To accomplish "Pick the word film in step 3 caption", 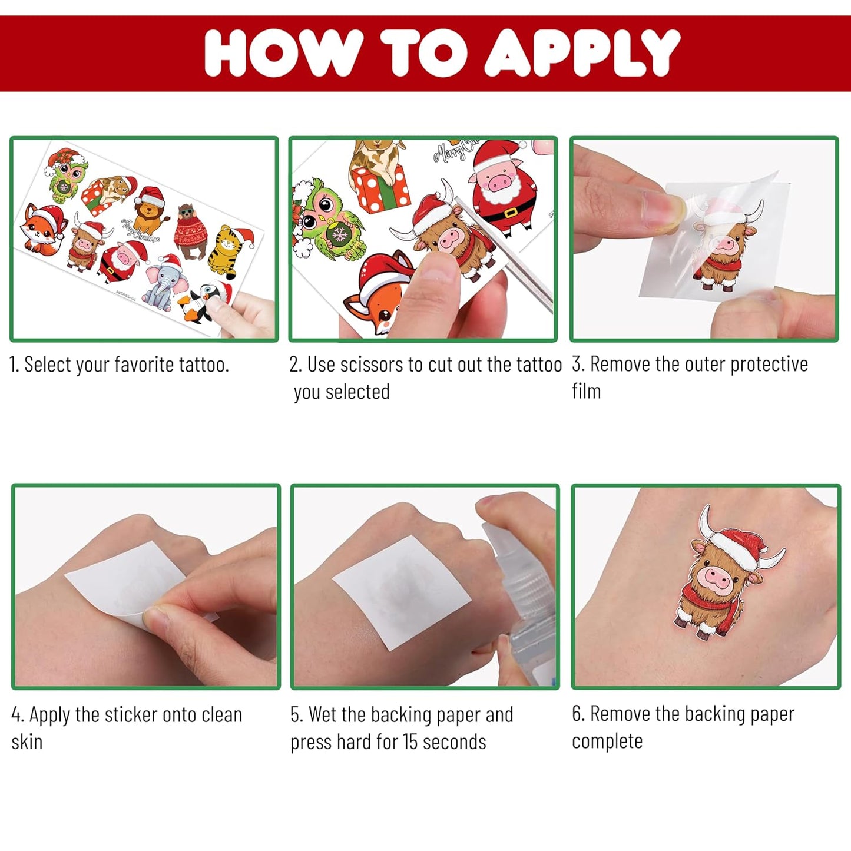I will pos(586,391).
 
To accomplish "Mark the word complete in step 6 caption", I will pos(607,741).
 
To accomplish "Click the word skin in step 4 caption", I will pos(27,742).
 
